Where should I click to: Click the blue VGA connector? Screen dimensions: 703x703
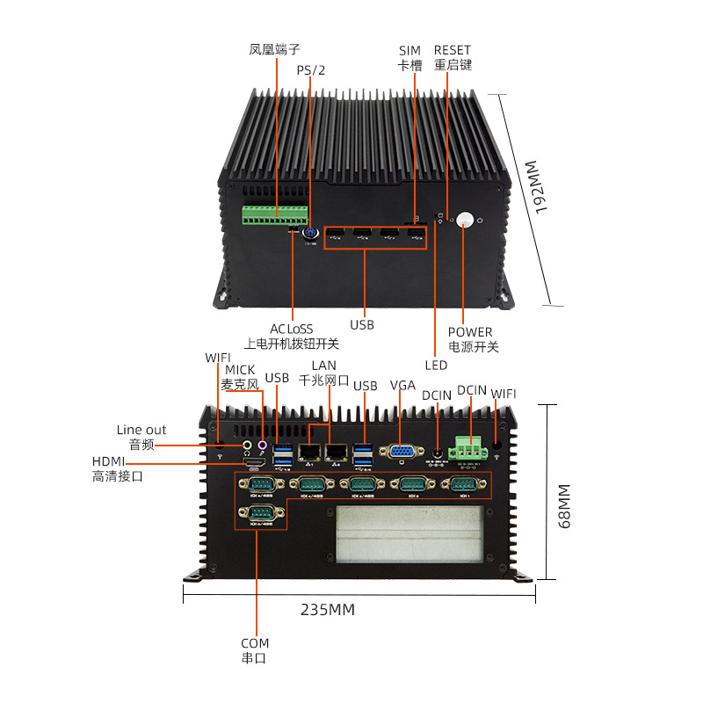tap(401, 453)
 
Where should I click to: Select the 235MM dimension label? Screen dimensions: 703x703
tap(328, 610)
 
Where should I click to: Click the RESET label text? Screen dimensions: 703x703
tap(453, 51)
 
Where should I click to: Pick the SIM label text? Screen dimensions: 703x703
tap(409, 51)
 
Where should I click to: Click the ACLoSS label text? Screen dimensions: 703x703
tap(291, 329)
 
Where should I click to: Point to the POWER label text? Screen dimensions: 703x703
tap(470, 332)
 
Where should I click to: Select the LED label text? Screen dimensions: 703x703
tap(436, 365)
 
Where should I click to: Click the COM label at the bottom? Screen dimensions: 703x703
tap(255, 643)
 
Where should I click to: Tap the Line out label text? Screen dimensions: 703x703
tap(141, 430)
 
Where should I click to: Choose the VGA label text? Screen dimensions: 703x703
tap(402, 386)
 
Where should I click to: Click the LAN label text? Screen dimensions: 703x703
tap(323, 366)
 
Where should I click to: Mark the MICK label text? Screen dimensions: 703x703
tap(240, 370)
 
